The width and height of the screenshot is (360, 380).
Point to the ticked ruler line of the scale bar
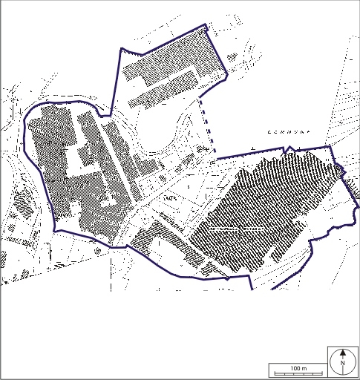pos(297,372)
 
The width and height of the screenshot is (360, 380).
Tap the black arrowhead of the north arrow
pos(342,356)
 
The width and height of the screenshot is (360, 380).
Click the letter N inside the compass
pos(342,364)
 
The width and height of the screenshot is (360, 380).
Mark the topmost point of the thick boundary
pos(207,24)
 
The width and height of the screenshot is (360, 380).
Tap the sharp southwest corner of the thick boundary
pos(56,229)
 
